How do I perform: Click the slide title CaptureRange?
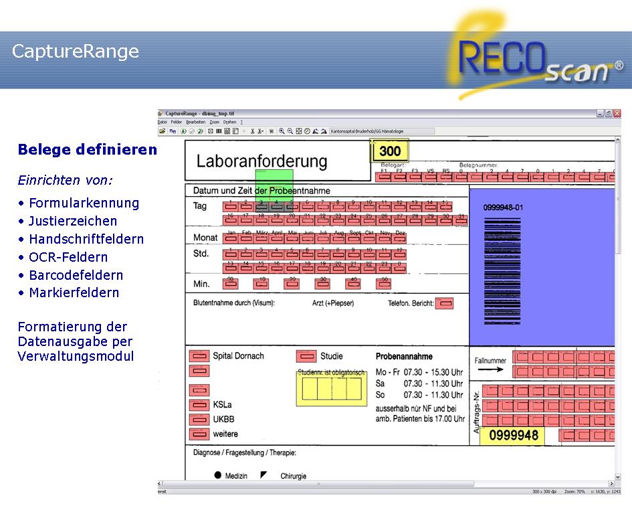pos(76,52)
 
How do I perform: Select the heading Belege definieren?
pos(88,149)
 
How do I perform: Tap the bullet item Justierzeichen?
pos(73,221)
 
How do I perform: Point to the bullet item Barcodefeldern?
pos(76,275)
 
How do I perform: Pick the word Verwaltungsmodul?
pos(76,356)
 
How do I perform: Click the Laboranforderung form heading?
pos(261,161)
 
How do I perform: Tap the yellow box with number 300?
pos(389,151)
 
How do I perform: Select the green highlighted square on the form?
pos(274,184)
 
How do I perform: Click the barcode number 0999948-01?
pos(503,207)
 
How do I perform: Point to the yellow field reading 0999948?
pos(514,436)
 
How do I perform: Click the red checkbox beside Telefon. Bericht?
pos(444,303)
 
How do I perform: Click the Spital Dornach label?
pos(238,355)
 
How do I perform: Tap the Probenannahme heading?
pos(404,357)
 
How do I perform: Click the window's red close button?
pos(617,114)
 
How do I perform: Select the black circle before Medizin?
pos(218,475)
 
